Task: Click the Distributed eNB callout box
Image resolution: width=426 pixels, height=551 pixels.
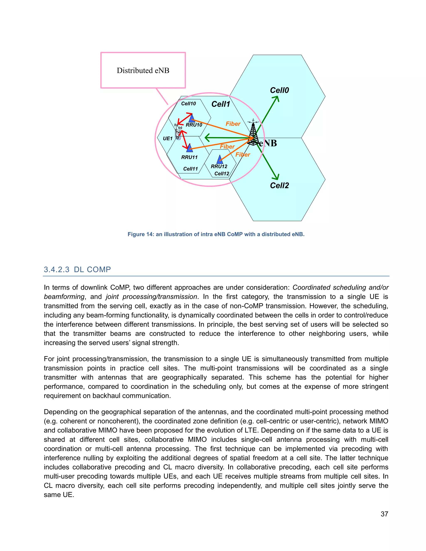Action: coord(143,70)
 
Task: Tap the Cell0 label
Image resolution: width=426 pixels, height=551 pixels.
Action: coord(279,90)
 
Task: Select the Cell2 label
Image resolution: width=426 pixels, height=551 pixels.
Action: coord(279,185)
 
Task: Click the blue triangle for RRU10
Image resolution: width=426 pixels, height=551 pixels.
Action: coord(192,118)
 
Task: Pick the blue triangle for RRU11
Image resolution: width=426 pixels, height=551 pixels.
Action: coord(189,148)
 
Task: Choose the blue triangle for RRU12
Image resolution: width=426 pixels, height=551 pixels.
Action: coord(220,159)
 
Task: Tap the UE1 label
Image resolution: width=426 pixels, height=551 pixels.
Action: coord(168,138)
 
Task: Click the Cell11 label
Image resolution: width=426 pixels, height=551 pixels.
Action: coord(190,169)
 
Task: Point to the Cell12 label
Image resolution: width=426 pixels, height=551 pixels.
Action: coord(222,174)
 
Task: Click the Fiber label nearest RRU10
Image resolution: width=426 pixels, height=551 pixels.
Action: coord(233,124)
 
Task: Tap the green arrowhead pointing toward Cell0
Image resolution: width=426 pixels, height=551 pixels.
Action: coord(277,98)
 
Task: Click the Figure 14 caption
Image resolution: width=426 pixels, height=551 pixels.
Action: coord(216,234)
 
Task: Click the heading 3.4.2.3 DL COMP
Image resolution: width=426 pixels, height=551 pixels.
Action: coord(77,269)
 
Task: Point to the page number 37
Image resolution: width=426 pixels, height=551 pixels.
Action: coord(384,514)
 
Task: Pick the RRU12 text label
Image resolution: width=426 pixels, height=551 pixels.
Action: coord(219,167)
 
